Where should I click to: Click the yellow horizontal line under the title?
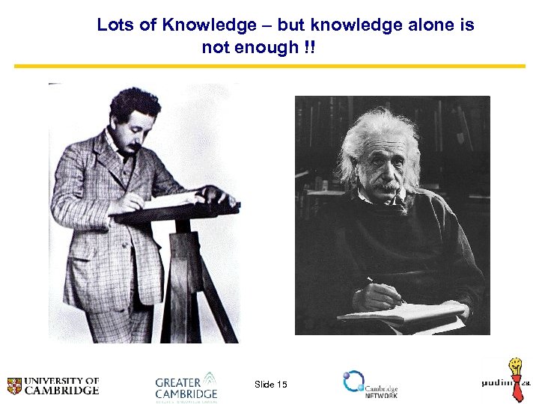click(269, 66)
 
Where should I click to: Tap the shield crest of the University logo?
click(14, 386)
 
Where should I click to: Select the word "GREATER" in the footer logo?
click(178, 382)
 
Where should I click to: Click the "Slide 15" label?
click(270, 385)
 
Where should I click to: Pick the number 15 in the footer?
click(281, 385)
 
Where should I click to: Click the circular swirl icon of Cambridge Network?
click(353, 382)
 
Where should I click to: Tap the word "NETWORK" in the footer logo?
click(381, 395)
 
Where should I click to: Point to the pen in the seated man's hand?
click(382, 287)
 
